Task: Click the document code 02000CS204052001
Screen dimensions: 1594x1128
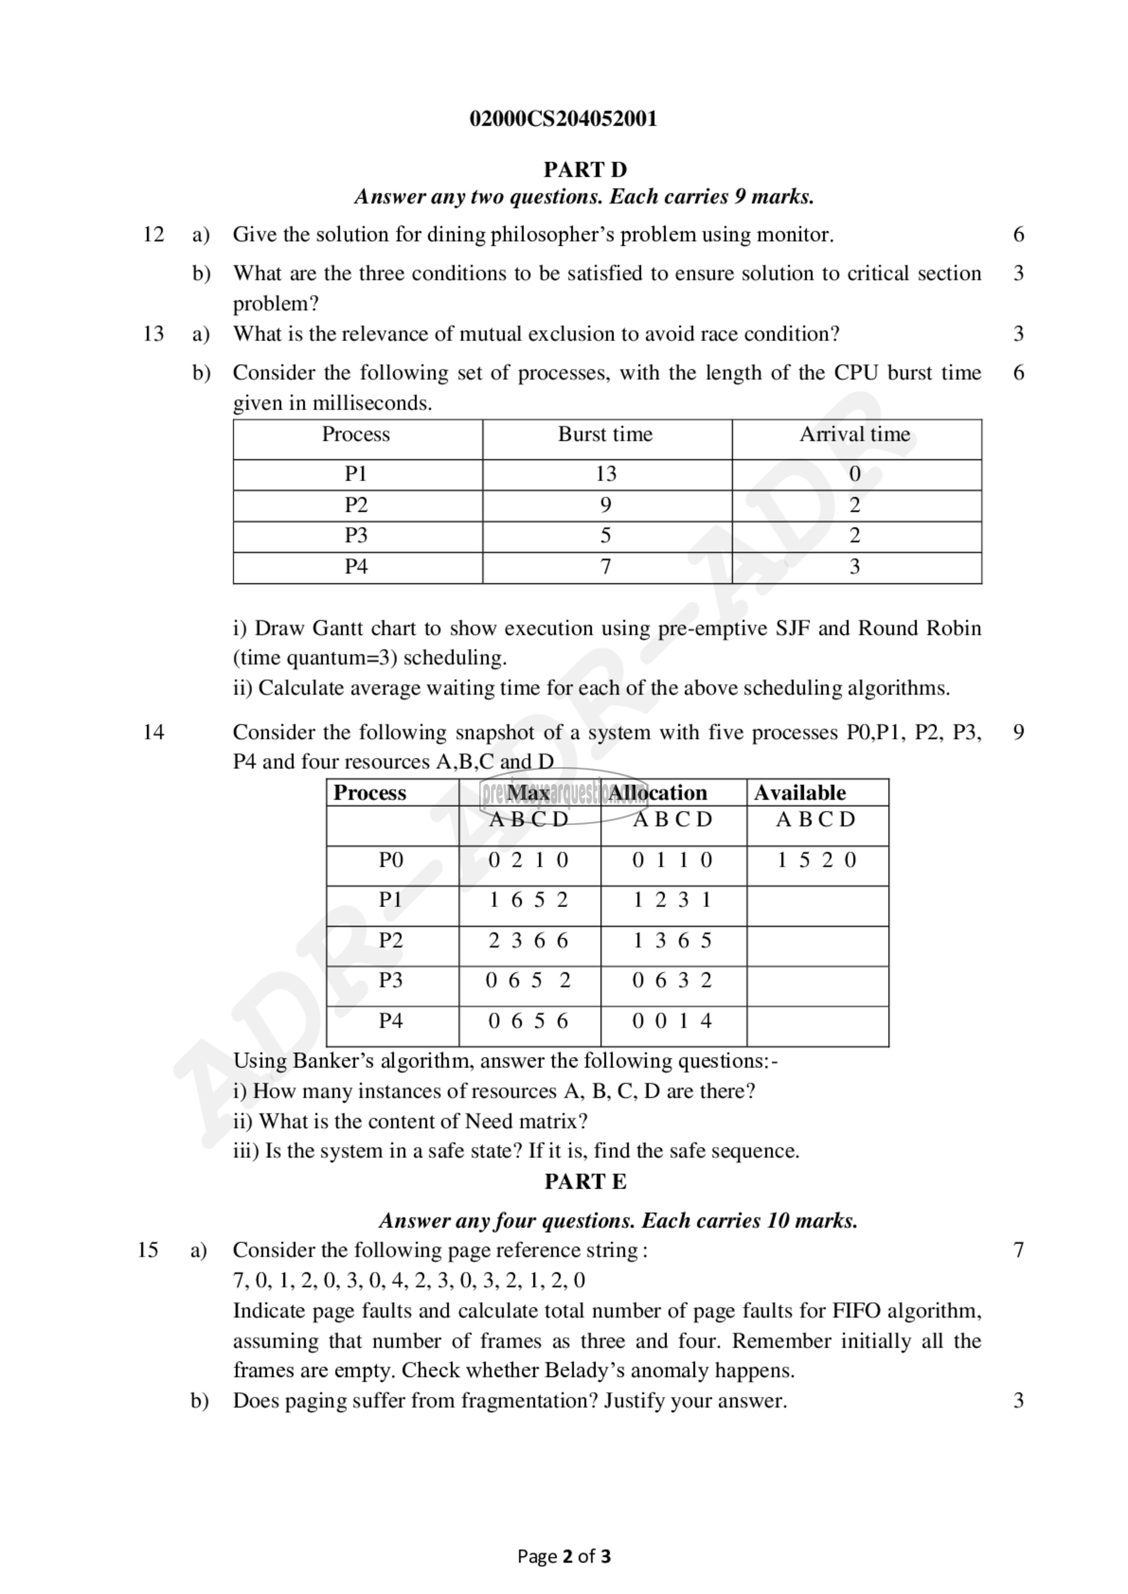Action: tap(563, 119)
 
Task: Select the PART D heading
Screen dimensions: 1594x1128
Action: tap(585, 170)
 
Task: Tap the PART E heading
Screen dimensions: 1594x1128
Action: tap(585, 1181)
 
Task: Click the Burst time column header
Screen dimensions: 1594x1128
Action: tap(605, 435)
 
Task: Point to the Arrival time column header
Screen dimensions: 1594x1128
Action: tap(854, 435)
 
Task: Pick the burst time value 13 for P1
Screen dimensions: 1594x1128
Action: tap(606, 473)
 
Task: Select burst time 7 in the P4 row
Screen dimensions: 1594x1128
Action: tap(606, 566)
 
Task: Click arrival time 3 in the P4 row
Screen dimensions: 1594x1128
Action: tap(854, 566)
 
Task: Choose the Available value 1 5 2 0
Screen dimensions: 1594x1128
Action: tap(816, 860)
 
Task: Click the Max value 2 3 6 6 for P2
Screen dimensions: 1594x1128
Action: tap(528, 941)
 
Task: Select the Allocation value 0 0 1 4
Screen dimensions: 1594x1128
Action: tap(672, 1021)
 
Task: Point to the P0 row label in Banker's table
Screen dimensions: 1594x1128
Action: tap(390, 860)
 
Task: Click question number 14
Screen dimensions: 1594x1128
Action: tap(153, 732)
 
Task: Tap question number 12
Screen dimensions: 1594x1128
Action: tap(153, 234)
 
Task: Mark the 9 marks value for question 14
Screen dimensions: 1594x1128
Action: tap(1018, 732)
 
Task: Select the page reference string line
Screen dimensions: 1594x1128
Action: tap(408, 1280)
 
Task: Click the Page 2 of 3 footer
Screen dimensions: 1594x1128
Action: tap(564, 1556)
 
